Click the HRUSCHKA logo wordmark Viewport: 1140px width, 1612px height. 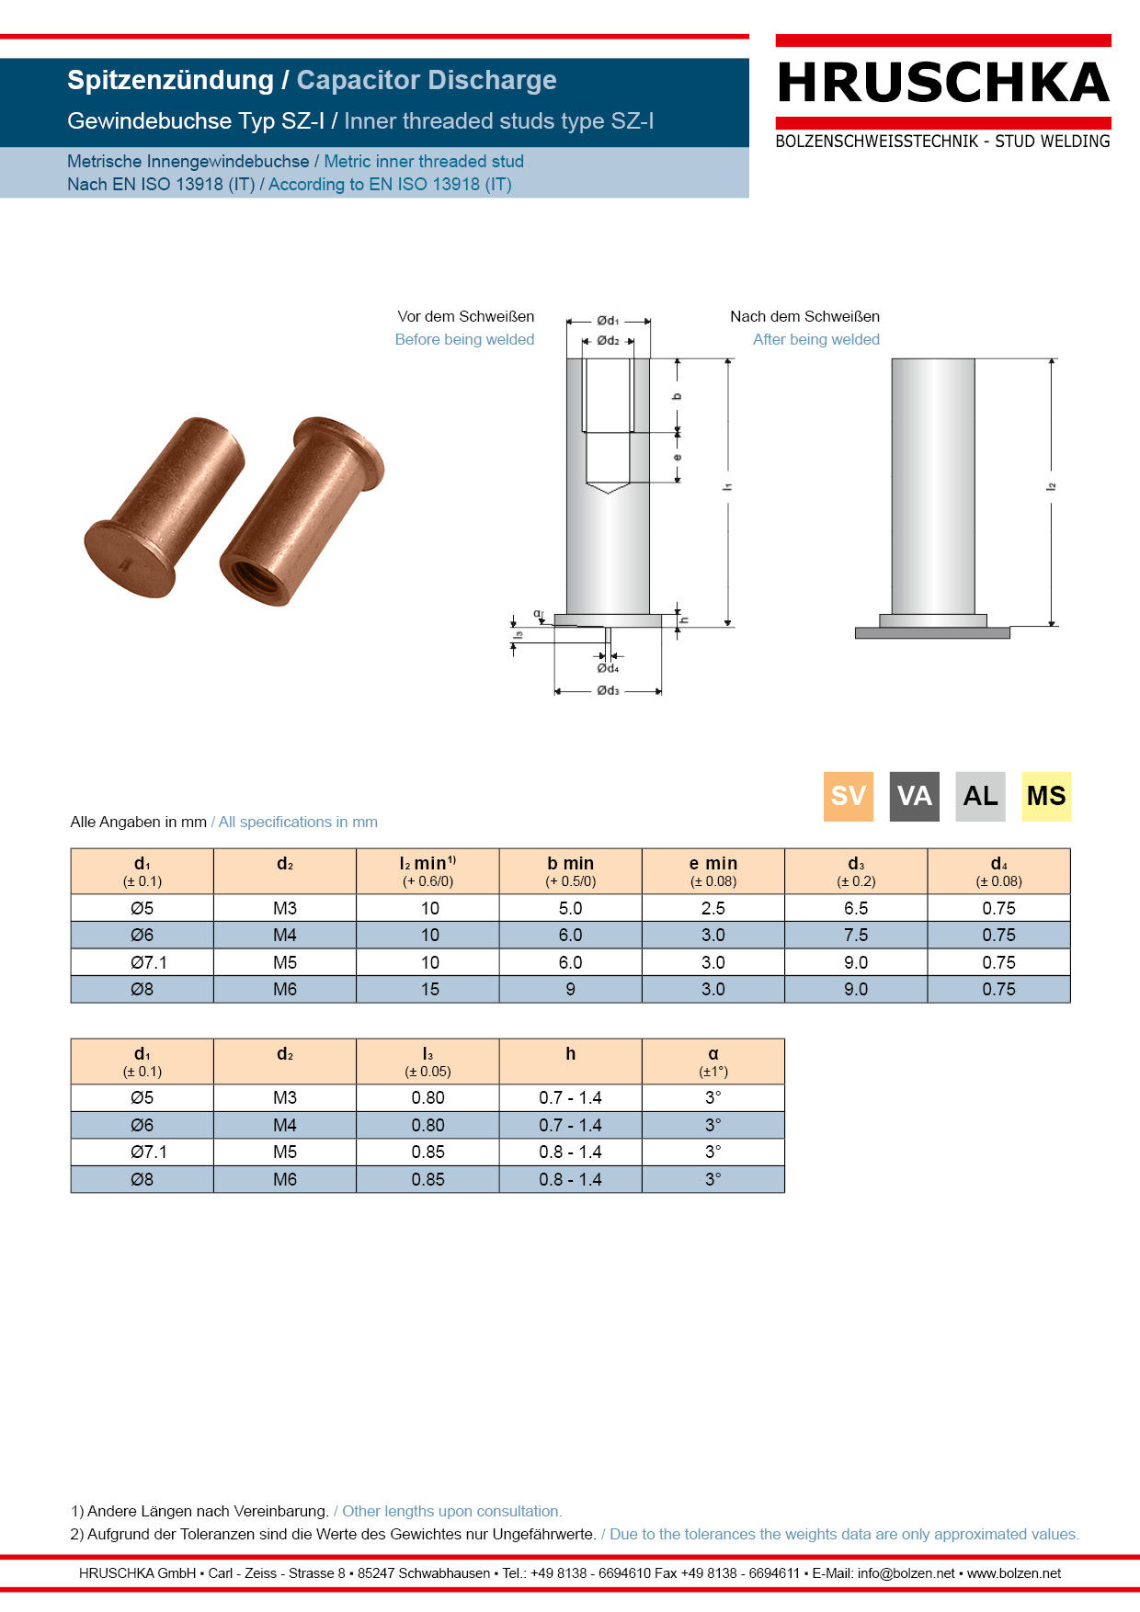click(943, 83)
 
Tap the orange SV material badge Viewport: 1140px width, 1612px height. click(848, 796)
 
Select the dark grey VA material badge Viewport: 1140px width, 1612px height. click(914, 796)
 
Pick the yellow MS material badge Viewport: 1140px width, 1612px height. click(1046, 796)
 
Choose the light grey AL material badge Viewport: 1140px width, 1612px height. click(980, 796)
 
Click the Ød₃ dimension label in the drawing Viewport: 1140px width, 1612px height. click(608, 690)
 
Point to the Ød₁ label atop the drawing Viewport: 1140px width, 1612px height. click(608, 321)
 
